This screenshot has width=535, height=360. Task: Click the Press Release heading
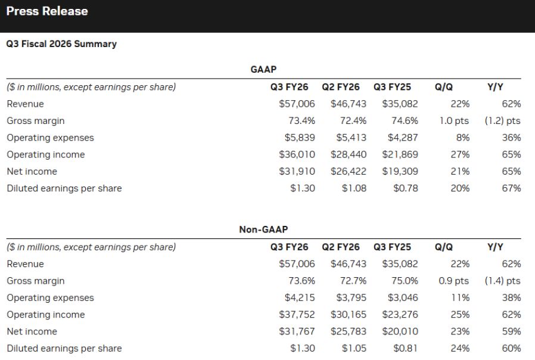pyautogui.click(x=47, y=11)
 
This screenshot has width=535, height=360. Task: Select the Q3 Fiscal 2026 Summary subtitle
pyautogui.click(x=61, y=44)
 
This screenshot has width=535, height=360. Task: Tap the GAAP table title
pyautogui.click(x=263, y=70)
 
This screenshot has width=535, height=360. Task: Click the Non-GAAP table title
pyautogui.click(x=263, y=229)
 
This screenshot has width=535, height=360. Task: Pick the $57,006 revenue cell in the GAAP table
pyautogui.click(x=297, y=104)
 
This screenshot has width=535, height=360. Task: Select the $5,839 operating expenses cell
pyautogui.click(x=300, y=138)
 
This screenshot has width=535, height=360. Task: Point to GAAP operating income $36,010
pyautogui.click(x=297, y=154)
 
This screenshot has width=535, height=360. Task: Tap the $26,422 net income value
pyautogui.click(x=349, y=171)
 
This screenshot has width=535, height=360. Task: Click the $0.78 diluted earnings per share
pyautogui.click(x=406, y=188)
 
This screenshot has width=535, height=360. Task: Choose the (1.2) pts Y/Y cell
pyautogui.click(x=502, y=120)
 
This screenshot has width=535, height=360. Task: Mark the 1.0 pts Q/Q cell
pyautogui.click(x=454, y=120)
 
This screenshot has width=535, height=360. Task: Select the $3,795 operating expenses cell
pyautogui.click(x=351, y=297)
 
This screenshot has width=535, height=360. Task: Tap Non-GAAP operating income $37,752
pyautogui.click(x=297, y=315)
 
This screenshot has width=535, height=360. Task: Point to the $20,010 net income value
pyautogui.click(x=400, y=331)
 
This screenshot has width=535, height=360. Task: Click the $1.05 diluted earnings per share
pyautogui.click(x=354, y=348)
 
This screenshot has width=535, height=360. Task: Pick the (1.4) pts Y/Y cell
pyautogui.click(x=502, y=281)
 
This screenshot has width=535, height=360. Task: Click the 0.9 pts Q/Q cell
pyautogui.click(x=454, y=281)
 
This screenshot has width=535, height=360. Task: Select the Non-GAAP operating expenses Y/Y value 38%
pyautogui.click(x=512, y=297)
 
